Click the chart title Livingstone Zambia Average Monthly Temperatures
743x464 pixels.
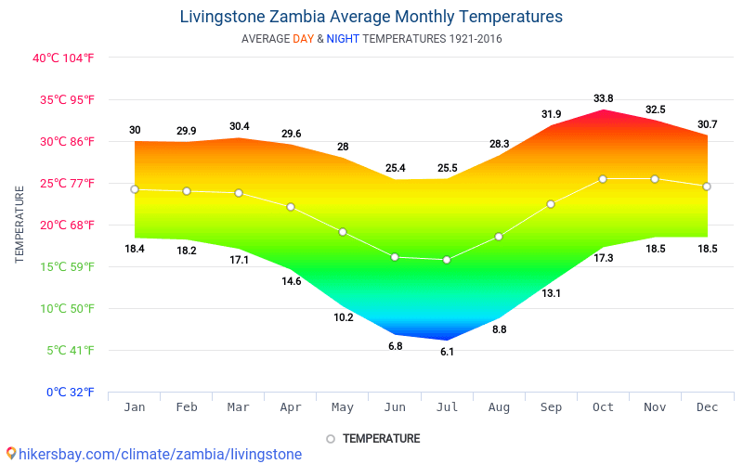coord(371,17)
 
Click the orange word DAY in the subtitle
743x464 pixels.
coord(303,39)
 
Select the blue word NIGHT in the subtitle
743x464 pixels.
coord(343,39)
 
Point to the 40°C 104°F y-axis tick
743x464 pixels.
coord(64,58)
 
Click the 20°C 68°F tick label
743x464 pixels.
coord(64,225)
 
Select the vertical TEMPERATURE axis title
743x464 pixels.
coord(20,224)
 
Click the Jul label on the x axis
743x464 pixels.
coord(447,406)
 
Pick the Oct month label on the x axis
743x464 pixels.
coord(603,406)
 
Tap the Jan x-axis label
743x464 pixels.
coord(135,406)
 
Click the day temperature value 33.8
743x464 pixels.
coord(603,98)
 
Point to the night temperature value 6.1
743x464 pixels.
coord(447,352)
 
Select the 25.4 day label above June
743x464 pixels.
coord(395,168)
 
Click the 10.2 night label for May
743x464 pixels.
coord(343,317)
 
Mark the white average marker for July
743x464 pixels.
coord(447,260)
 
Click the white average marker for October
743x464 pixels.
coord(603,179)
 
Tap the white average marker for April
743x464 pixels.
coord(291,207)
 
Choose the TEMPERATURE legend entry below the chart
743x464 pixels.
coord(373,438)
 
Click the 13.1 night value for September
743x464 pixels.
coord(551,293)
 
